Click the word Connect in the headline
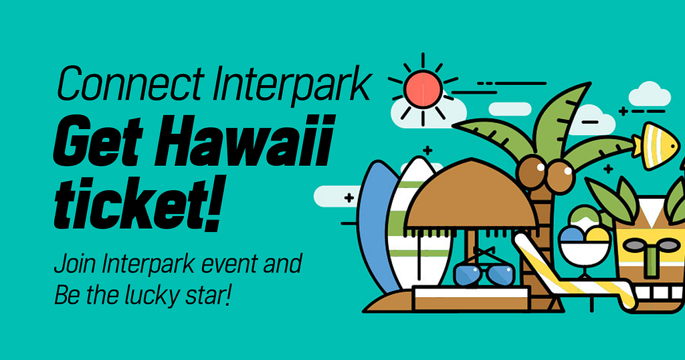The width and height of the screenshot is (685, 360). (130, 83)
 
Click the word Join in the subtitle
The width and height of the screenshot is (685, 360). (75, 265)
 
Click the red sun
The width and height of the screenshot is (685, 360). (423, 90)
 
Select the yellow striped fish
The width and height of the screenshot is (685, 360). (656, 146)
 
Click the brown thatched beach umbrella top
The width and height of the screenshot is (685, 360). (471, 195)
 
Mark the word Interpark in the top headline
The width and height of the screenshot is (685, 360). (292, 84)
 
